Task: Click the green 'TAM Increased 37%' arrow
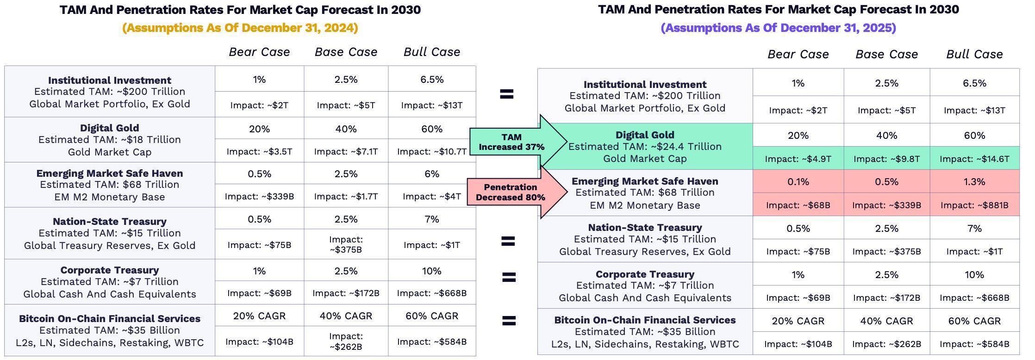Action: [x=514, y=142]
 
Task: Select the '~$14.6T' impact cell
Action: [x=974, y=159]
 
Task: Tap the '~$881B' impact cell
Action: [x=974, y=205]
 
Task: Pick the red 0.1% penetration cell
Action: [x=798, y=182]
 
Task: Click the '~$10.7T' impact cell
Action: [x=431, y=151]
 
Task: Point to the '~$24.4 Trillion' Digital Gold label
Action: [x=645, y=146]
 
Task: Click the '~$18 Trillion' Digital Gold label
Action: [x=110, y=139]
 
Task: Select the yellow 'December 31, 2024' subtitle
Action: [x=240, y=28]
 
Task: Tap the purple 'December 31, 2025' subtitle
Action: [x=778, y=28]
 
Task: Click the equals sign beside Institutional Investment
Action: [x=507, y=94]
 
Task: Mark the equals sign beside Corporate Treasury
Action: [x=508, y=277]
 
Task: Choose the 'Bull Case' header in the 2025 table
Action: [x=974, y=54]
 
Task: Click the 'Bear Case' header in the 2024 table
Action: [x=259, y=52]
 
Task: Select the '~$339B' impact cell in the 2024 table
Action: [x=259, y=196]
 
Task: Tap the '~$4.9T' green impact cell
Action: [x=798, y=159]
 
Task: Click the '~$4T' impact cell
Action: [x=431, y=196]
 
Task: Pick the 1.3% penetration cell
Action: [x=974, y=182]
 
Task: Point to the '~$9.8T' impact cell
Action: [x=886, y=159]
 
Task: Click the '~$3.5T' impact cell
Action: [x=259, y=151]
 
